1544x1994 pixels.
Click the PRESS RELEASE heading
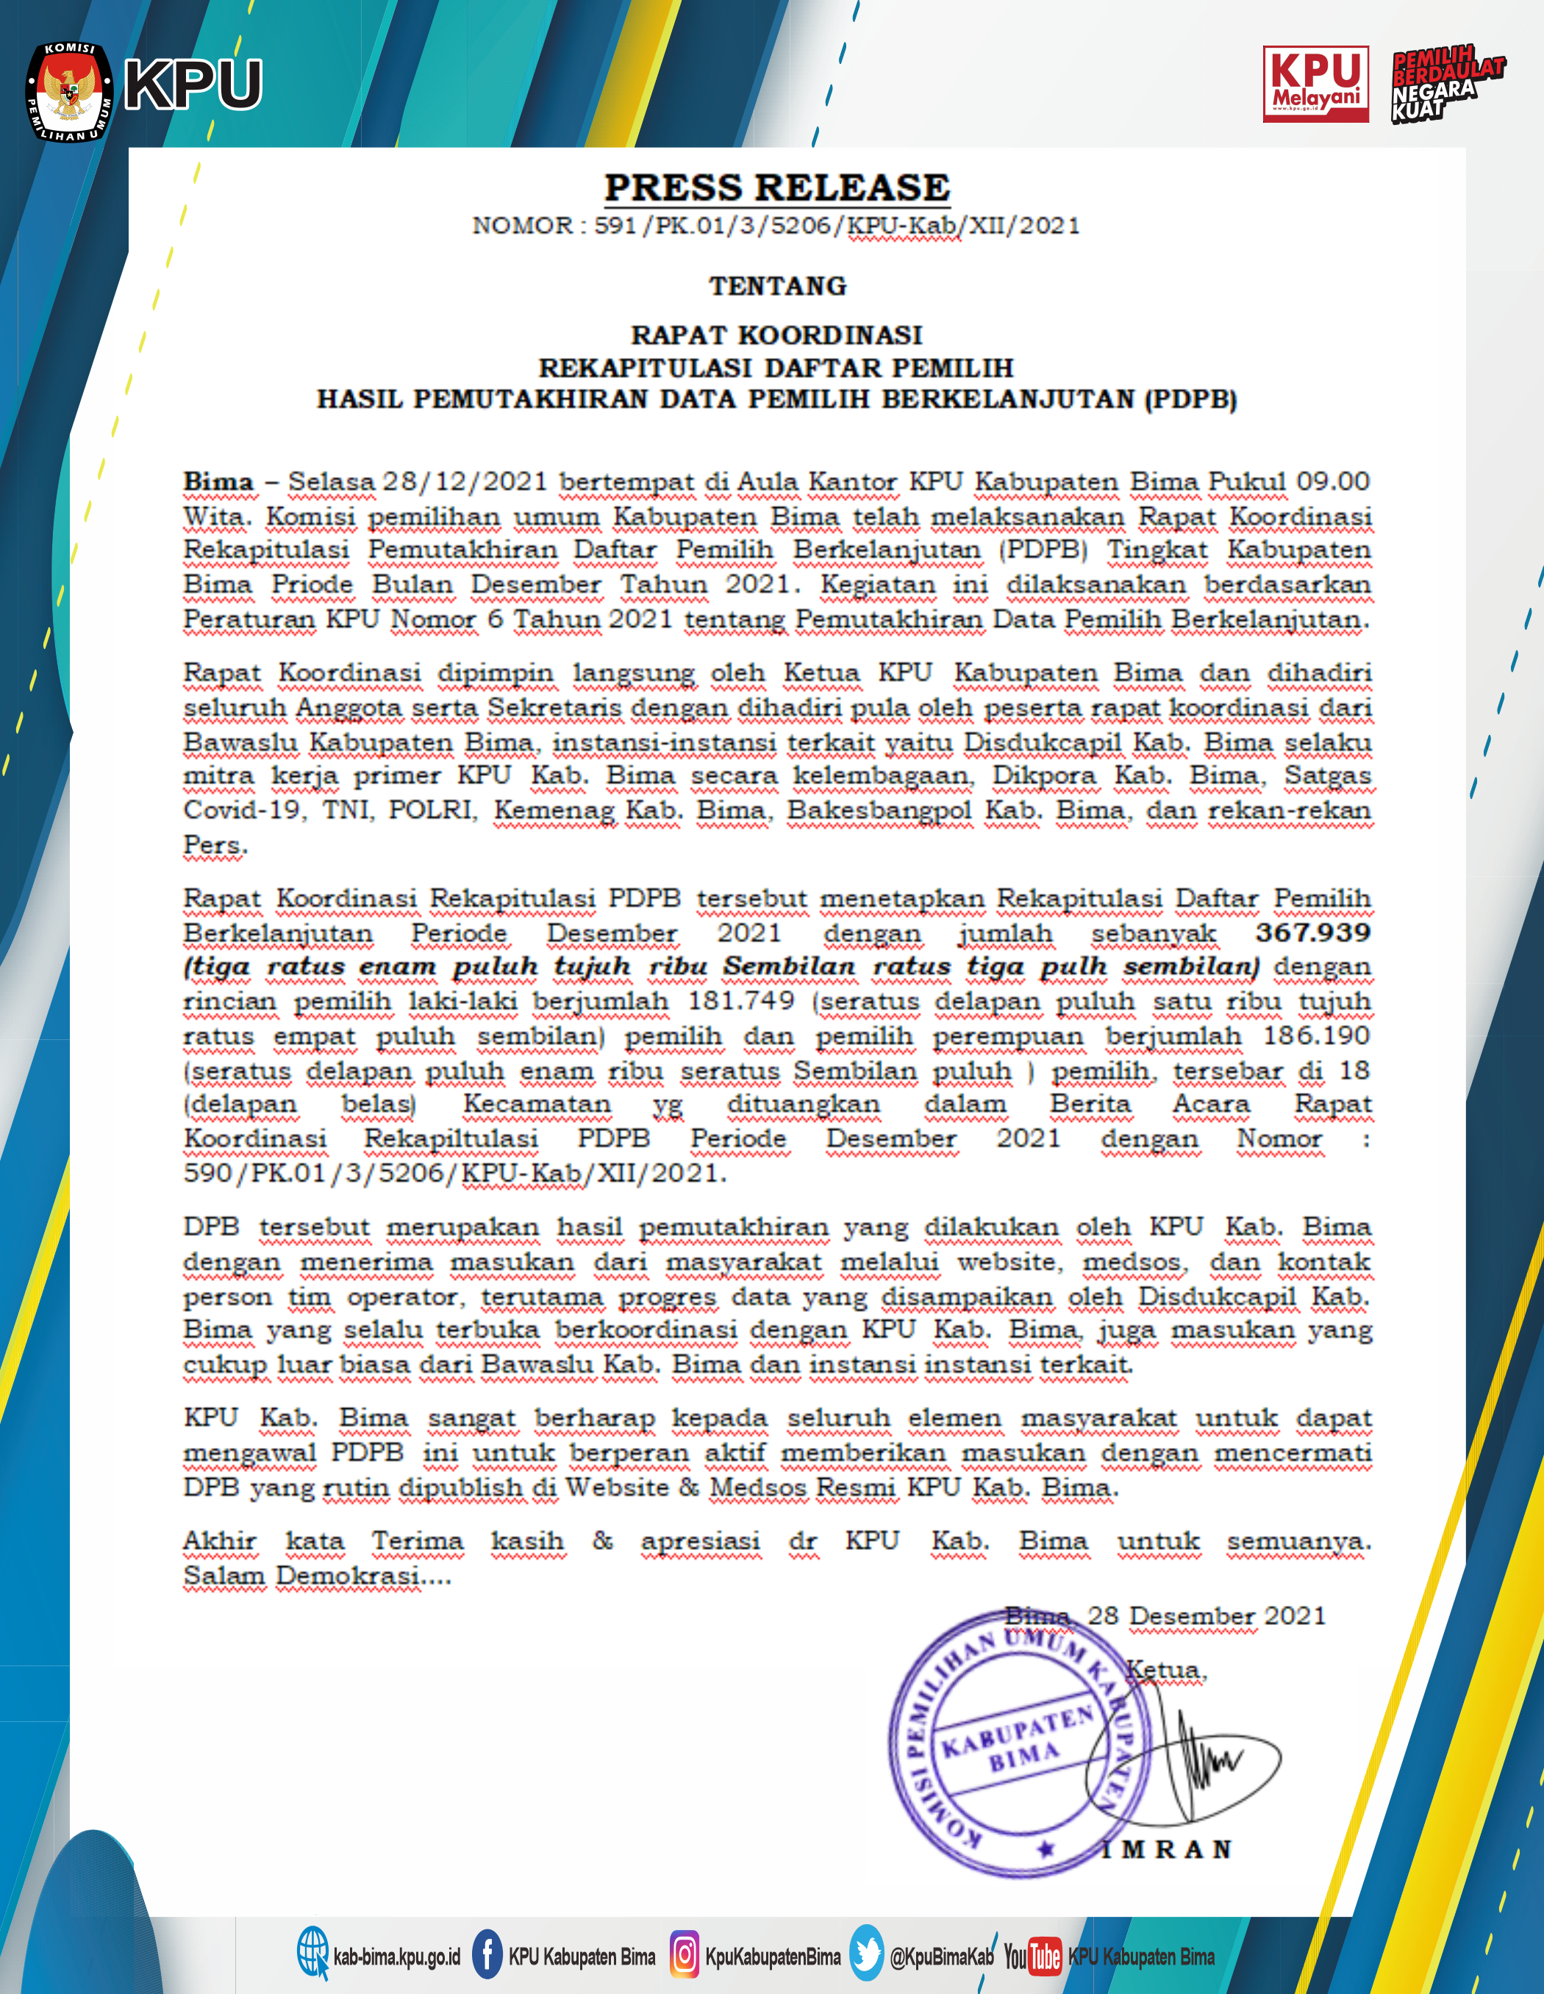777,187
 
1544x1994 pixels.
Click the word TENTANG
778,286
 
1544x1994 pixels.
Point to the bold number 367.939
1313,932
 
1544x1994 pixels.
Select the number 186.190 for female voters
1317,1036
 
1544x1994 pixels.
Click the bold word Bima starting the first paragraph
218,481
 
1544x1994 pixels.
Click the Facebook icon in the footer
487,1954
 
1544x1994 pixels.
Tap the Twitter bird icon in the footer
867,1954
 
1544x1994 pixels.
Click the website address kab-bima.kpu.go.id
396,1957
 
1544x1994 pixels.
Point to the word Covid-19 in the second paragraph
242,810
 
